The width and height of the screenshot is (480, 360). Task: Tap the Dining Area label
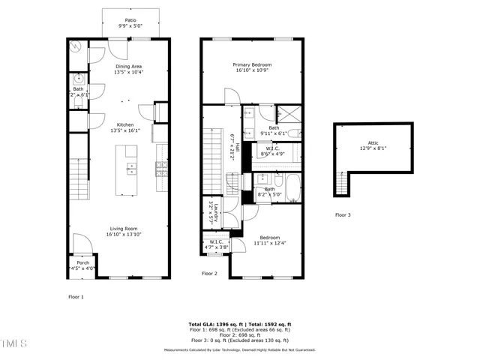(x=129, y=70)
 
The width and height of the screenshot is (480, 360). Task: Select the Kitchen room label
(x=125, y=127)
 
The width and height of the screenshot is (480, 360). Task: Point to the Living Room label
(x=124, y=232)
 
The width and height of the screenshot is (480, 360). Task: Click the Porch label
(x=83, y=265)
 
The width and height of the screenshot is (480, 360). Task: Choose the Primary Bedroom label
(x=251, y=68)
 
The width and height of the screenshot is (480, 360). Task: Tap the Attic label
(x=373, y=145)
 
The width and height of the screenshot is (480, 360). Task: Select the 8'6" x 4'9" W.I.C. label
(x=272, y=151)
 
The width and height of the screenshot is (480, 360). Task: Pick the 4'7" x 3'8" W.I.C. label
(x=215, y=244)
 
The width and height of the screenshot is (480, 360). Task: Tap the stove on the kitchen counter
(x=160, y=168)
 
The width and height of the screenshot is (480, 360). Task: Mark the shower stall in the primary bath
(x=289, y=115)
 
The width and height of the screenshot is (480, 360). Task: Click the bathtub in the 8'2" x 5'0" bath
(x=289, y=189)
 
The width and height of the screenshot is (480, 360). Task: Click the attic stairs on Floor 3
(x=343, y=184)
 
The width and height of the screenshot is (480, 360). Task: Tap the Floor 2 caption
(x=209, y=274)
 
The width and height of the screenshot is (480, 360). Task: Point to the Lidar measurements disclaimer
(x=240, y=349)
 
